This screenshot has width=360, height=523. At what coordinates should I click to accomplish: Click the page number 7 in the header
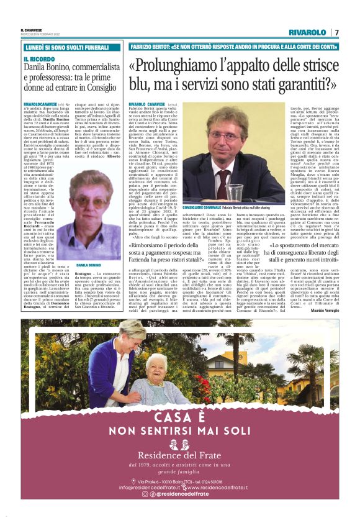coord(336,32)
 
